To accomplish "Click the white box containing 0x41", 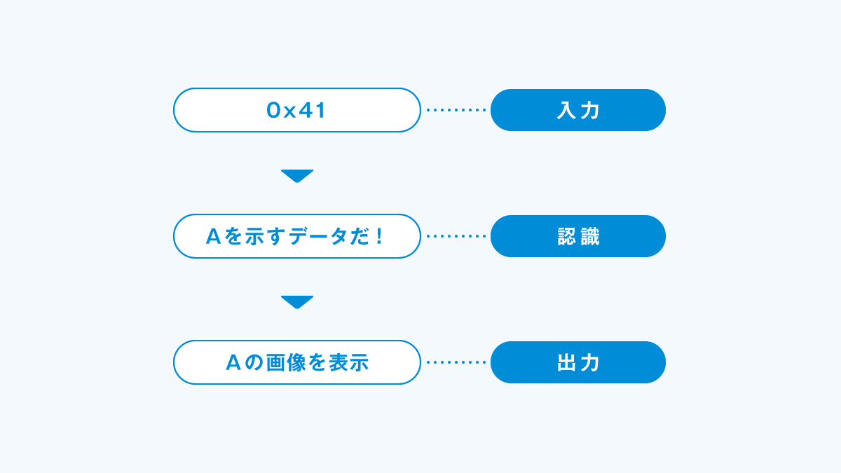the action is pyautogui.click(x=297, y=110).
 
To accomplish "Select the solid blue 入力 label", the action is pyautogui.click(x=577, y=110).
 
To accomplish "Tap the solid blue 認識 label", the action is pyautogui.click(x=577, y=236).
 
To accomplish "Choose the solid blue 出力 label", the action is pyautogui.click(x=577, y=362).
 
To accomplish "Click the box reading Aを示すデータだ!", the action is pyautogui.click(x=297, y=236).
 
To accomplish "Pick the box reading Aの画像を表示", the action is pyautogui.click(x=297, y=362).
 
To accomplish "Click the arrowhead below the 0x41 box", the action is pyautogui.click(x=297, y=176).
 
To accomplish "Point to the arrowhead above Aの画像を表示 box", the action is pyautogui.click(x=297, y=302).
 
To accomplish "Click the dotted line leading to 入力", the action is pyautogui.click(x=456, y=110).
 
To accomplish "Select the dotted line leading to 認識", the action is pyautogui.click(x=456, y=236).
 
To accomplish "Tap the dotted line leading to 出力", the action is pyautogui.click(x=456, y=362).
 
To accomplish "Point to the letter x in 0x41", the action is pyautogui.click(x=290, y=112).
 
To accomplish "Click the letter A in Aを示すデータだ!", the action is pyautogui.click(x=214, y=237).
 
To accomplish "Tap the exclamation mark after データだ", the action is pyautogui.click(x=380, y=237).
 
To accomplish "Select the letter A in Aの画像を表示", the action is pyautogui.click(x=233, y=363).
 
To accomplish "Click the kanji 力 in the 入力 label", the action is pyautogui.click(x=590, y=111).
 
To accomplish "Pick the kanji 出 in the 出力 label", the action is pyautogui.click(x=566, y=363).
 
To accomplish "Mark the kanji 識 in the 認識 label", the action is pyautogui.click(x=590, y=237).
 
